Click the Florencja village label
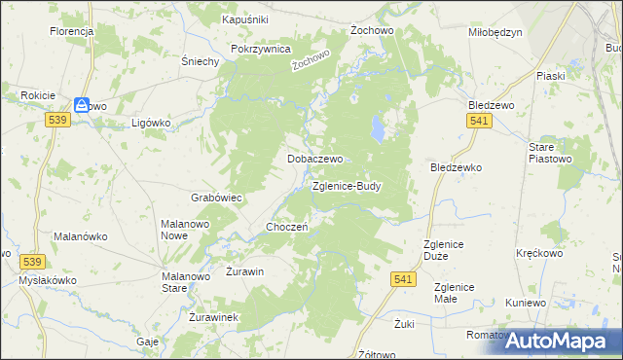71,31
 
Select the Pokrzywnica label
261,49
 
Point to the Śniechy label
200,60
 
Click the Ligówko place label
151,124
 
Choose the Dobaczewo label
312,158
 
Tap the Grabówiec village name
216,198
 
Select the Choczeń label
287,227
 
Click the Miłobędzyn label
495,32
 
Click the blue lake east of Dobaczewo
376,126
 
